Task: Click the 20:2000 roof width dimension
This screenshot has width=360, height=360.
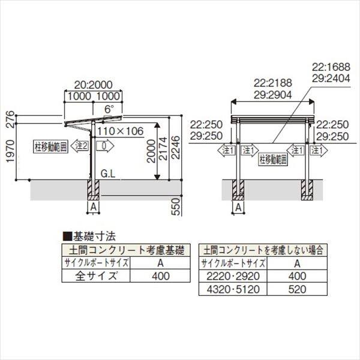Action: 93,86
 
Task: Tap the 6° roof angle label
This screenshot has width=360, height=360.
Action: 108,110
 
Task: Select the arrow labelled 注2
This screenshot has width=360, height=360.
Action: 80,146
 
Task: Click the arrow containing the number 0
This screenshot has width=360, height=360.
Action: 104,146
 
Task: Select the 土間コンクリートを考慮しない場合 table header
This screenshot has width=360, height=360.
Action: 263,248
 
